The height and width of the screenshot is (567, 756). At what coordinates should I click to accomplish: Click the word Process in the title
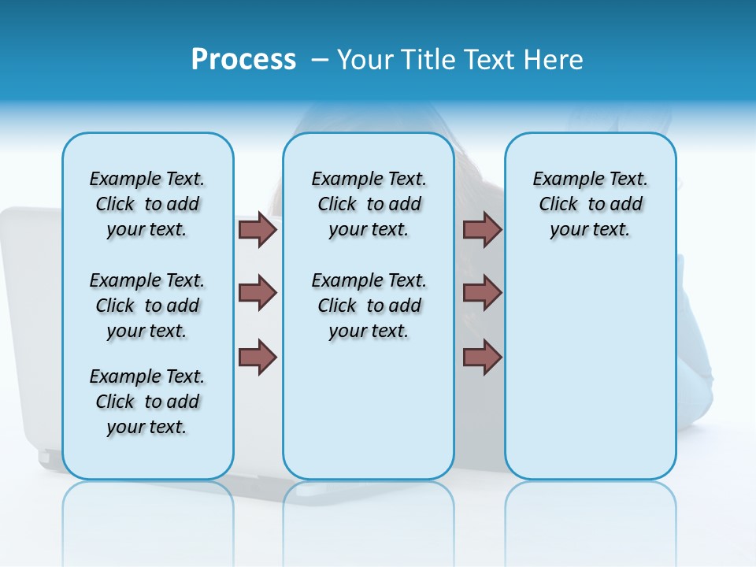tap(243, 59)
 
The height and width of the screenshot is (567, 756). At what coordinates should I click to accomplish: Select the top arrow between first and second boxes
tap(258, 230)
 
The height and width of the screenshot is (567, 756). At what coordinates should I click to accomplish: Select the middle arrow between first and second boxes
tap(258, 293)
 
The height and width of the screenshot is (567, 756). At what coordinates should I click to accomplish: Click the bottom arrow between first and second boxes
tap(258, 357)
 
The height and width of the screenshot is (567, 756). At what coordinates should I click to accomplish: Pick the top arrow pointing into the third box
tap(483, 230)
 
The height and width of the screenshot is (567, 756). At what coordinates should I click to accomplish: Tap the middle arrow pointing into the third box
tap(483, 293)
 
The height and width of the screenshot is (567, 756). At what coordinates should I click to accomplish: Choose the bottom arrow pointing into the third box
tap(483, 357)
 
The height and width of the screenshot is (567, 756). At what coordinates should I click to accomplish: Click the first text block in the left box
tap(147, 204)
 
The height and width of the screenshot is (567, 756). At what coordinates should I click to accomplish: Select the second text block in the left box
tap(147, 306)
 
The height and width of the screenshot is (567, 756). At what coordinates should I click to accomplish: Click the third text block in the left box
tap(147, 402)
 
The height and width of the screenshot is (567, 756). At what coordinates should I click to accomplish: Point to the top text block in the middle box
tap(369, 204)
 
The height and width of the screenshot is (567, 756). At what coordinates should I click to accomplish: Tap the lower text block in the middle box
tap(369, 306)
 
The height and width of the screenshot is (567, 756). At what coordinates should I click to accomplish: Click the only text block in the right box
tap(590, 204)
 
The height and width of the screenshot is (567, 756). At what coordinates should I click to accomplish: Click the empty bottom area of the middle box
tap(369, 417)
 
